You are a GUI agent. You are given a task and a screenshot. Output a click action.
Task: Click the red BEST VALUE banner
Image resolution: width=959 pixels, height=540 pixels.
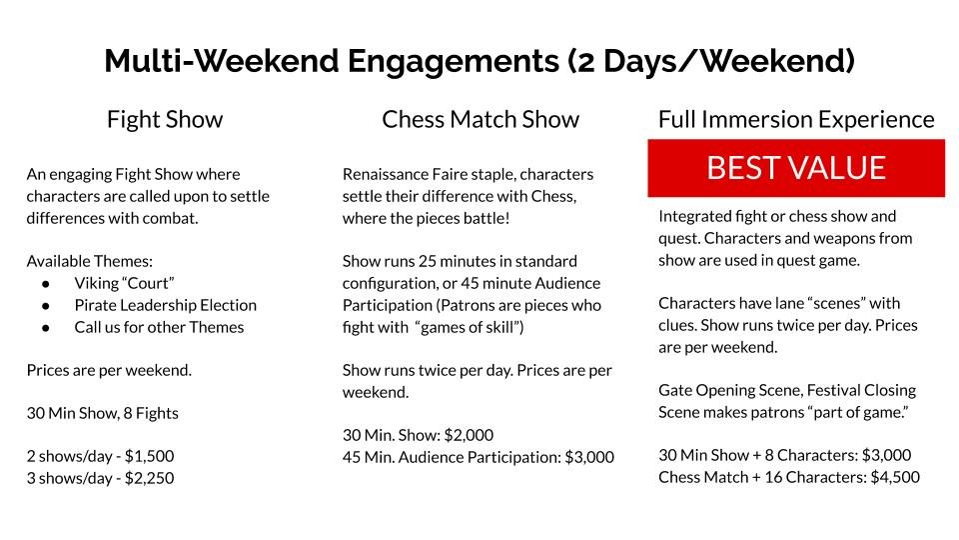click(x=796, y=168)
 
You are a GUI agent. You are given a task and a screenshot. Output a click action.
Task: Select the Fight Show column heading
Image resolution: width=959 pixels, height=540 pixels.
click(x=165, y=119)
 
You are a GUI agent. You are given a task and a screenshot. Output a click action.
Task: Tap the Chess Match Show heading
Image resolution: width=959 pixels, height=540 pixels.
click(x=480, y=119)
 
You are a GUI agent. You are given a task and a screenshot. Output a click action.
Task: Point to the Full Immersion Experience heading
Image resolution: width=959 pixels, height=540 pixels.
click(x=796, y=119)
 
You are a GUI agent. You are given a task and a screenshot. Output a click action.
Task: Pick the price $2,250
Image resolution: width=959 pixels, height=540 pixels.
click(x=149, y=478)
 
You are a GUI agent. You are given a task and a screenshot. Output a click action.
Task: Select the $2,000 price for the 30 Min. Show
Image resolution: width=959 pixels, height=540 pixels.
click(x=469, y=435)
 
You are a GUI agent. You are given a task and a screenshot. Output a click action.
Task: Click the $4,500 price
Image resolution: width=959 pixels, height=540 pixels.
click(x=895, y=478)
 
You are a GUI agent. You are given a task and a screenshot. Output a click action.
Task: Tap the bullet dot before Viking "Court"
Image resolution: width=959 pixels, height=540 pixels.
click(x=46, y=284)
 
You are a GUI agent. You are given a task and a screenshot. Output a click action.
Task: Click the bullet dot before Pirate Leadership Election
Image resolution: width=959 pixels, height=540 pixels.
click(x=46, y=306)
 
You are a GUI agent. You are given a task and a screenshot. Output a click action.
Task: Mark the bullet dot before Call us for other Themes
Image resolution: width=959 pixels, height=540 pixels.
click(x=46, y=328)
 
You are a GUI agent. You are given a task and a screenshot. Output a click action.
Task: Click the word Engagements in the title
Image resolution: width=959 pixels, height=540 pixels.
click(x=454, y=62)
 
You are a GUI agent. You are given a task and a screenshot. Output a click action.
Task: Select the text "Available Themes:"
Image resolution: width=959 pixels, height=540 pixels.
click(x=89, y=261)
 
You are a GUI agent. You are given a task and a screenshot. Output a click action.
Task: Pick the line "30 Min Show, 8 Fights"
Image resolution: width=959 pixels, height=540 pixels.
click(x=103, y=413)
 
